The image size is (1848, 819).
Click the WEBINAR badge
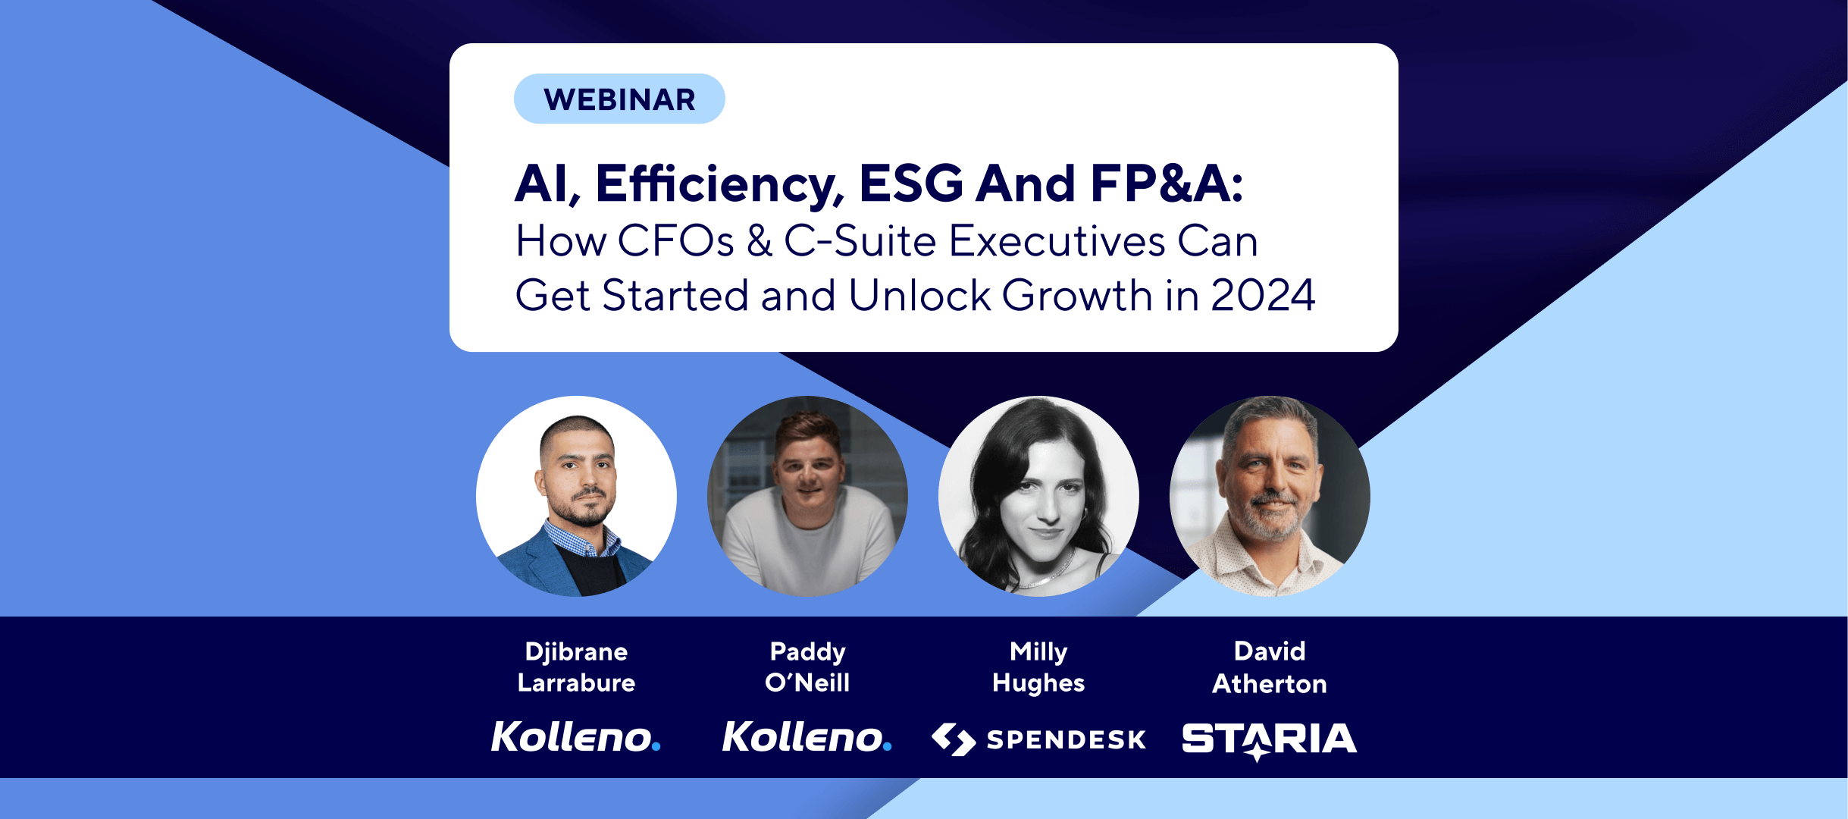[619, 99]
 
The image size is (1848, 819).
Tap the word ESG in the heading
[911, 184]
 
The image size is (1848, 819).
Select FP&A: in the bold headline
[1167, 184]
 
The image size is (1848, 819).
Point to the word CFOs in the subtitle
[676, 241]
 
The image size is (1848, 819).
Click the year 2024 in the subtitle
[1263, 295]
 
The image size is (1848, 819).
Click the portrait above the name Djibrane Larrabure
[576, 496]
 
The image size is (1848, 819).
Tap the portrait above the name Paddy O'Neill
[807, 496]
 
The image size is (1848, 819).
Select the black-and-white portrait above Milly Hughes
[1038, 496]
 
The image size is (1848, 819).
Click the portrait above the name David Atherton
[1270, 496]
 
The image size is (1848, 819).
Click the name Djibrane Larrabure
[576, 667]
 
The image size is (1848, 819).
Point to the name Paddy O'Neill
[807, 667]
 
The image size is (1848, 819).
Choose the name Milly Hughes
[1038, 667]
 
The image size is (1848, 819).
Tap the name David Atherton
[1270, 667]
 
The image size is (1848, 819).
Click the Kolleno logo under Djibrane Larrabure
[576, 737]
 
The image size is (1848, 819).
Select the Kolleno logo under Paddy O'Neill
[807, 737]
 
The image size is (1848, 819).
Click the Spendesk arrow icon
[954, 739]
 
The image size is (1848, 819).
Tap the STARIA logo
[1270, 740]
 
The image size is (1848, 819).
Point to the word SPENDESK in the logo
[1067, 739]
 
